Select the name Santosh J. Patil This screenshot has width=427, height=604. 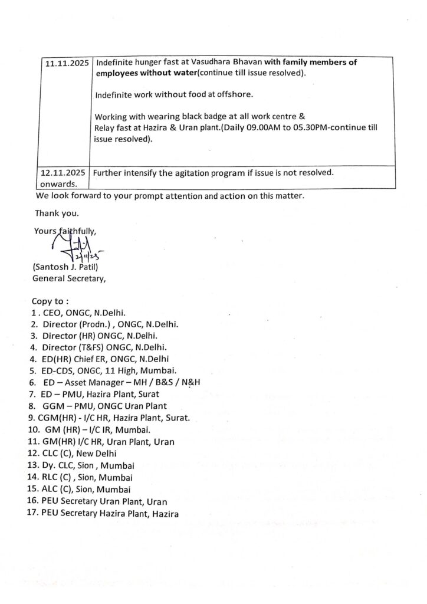[64, 268]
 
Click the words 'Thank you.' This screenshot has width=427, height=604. [57, 213]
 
